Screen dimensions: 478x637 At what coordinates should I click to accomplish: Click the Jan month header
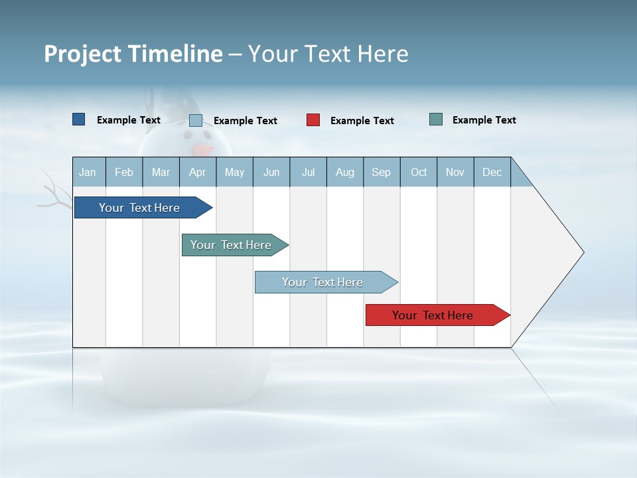coord(88,172)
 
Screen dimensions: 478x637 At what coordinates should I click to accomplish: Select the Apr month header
coord(197,172)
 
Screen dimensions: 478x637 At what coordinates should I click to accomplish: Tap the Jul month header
coord(308,172)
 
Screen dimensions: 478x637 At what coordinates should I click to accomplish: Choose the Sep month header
coord(381,172)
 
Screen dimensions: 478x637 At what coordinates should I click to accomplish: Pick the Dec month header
coord(492,172)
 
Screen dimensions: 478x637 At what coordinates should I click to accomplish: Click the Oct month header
coord(419,172)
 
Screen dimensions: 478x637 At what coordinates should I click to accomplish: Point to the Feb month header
coord(124,172)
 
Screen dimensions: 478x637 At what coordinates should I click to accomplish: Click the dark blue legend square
coord(78,119)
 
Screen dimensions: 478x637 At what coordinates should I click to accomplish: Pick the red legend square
coord(313,120)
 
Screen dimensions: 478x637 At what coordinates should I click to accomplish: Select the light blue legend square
coord(196,120)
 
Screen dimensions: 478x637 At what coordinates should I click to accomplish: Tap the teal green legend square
coord(436,119)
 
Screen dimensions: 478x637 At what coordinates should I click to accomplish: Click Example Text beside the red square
coord(362,121)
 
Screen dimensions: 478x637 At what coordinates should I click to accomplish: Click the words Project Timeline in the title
coord(133,54)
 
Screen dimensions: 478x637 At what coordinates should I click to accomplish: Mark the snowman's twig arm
coord(57,193)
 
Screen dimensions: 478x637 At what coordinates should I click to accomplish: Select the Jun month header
coord(271,172)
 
